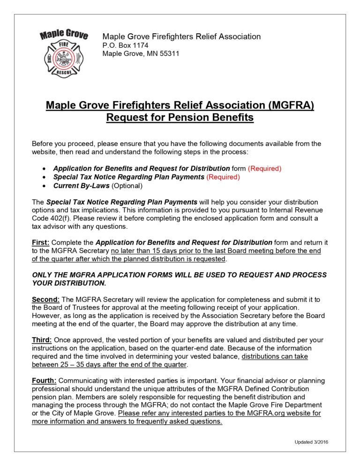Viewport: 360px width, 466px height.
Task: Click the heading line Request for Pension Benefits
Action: click(x=180, y=117)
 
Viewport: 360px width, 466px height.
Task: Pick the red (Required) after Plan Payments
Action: click(x=223, y=177)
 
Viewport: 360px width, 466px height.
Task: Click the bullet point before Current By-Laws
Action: click(x=44, y=186)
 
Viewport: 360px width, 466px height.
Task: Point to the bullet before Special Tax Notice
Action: click(x=44, y=177)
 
